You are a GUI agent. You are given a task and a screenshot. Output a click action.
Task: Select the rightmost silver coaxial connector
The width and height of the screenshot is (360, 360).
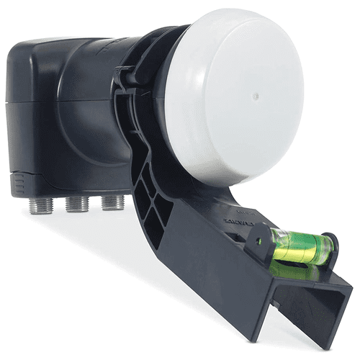click(x=111, y=201)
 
